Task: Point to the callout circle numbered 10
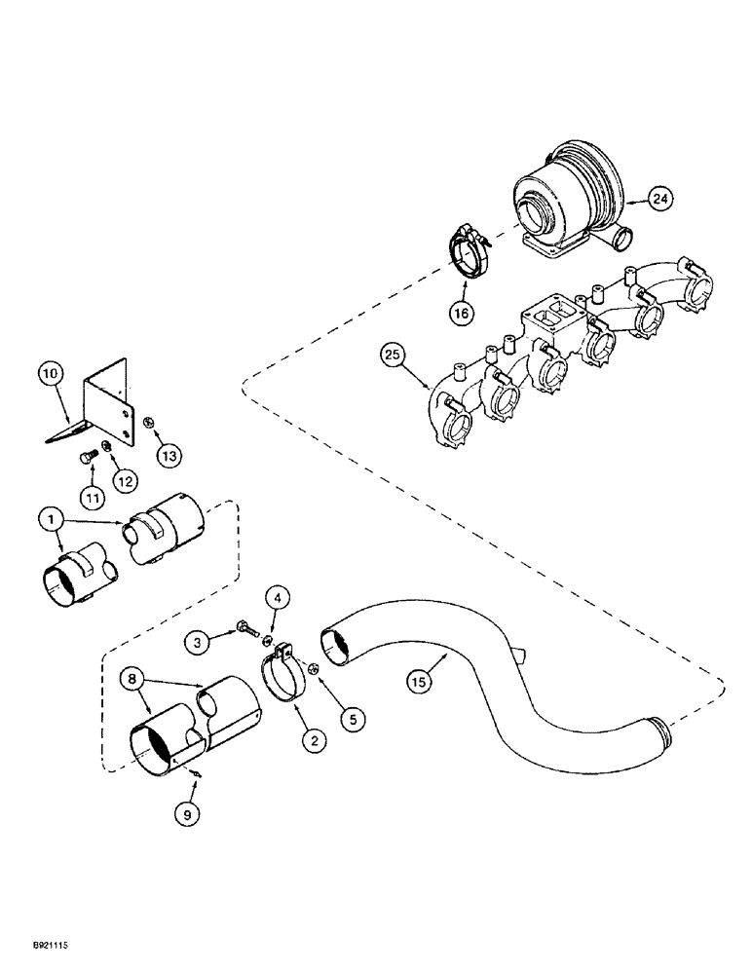point(51,371)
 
